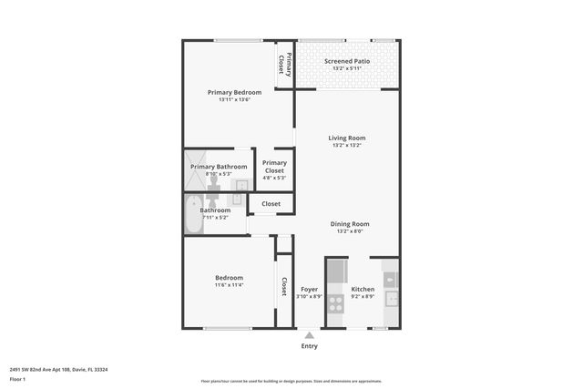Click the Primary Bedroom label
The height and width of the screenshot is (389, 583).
coord(234,92)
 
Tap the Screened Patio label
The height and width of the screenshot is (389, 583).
coord(346,60)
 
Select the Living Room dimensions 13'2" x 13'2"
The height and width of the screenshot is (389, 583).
coord(346,145)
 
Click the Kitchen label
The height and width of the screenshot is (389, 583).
coord(363,289)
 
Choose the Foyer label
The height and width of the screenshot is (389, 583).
coord(310,289)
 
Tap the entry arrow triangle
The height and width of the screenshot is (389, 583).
coord(310,335)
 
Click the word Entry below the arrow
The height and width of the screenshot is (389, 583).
coord(310,346)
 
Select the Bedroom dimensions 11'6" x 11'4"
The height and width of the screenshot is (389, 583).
coord(229,285)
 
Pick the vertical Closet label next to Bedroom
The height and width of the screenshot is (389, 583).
coord(284,288)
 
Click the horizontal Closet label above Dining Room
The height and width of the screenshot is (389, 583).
coord(271,204)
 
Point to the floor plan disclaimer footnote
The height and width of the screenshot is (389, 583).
coord(291,382)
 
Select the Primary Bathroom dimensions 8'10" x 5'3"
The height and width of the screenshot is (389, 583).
coord(219,174)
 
